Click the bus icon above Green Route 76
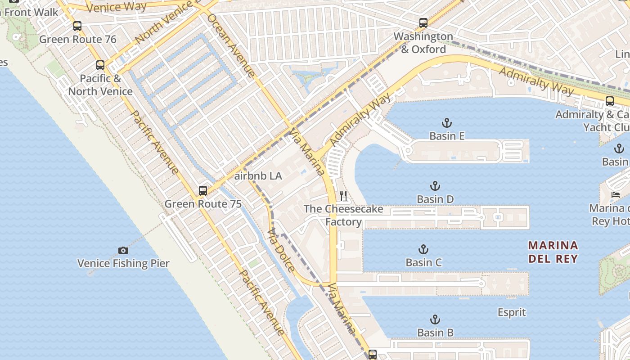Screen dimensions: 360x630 point(77,26)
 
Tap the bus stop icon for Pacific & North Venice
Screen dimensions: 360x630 point(100,65)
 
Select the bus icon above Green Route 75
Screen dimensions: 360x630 point(203,190)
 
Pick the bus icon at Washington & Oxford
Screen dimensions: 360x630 point(423,23)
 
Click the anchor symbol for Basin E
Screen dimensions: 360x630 point(446,123)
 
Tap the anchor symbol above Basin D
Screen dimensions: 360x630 point(435,186)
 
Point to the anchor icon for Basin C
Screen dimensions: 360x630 point(423,249)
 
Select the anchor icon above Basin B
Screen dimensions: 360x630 point(435,319)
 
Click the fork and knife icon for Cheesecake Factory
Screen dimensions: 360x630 point(343,195)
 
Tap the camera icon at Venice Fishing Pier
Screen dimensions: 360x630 point(123,250)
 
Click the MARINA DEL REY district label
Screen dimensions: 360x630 point(553,252)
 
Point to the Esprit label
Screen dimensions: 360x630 point(512,312)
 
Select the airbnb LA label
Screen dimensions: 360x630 point(258,176)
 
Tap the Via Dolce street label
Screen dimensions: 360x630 point(281,250)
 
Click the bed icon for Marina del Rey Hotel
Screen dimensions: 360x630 point(615,195)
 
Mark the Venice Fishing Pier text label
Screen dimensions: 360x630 point(123,264)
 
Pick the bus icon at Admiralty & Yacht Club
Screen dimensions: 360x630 point(609,101)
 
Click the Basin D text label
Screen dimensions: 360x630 point(435,199)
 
